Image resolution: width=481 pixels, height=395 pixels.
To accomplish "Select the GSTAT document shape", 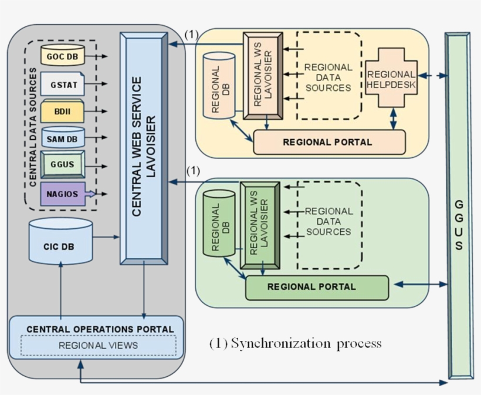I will [63, 84].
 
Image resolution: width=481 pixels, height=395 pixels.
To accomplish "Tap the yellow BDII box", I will [63, 111].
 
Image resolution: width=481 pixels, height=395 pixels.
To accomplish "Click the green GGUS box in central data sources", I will [63, 164].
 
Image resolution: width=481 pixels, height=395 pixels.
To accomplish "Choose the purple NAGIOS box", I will [63, 194].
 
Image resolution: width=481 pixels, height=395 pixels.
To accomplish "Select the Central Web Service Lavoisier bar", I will [143, 148].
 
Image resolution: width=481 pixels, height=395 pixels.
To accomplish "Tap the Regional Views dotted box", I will [98, 346].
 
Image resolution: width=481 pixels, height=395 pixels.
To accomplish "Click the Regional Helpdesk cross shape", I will [390, 76].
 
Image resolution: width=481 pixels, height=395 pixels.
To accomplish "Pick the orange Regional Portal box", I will [329, 142].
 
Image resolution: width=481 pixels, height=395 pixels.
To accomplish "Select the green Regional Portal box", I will [317, 287].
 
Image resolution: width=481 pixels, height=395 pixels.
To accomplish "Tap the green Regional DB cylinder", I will [219, 222].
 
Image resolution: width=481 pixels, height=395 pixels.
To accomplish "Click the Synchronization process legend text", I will [295, 343].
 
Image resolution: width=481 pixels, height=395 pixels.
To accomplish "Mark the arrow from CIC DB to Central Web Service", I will [106, 238].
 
